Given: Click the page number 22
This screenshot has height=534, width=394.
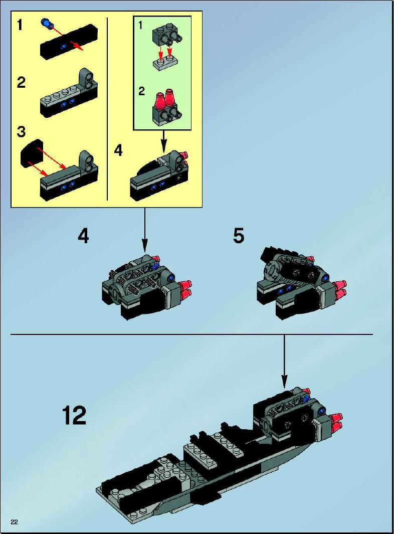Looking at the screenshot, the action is coord(15,522).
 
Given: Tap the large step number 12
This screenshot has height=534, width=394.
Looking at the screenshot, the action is coord(74,415).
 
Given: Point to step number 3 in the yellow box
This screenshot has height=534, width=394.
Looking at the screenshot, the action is coord(21,131).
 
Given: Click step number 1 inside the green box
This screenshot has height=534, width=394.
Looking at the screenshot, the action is coord(141,25).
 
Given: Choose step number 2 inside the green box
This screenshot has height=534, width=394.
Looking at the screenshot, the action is coord(141,91).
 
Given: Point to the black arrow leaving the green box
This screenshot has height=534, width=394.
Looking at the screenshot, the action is coord(163,141).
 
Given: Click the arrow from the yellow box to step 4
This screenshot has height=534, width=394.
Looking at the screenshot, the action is coord(145,230).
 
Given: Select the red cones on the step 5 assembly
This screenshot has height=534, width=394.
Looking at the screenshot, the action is coord(339,290).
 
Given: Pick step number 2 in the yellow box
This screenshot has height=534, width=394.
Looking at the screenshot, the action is coord(21,83).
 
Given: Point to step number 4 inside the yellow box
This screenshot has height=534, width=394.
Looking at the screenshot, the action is coord(118,150).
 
